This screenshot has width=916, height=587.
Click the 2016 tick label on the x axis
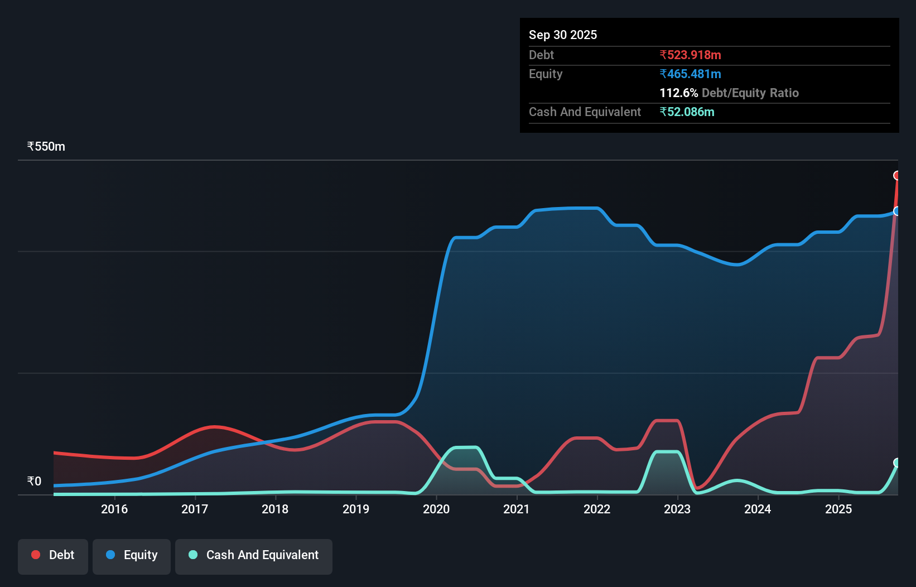(114, 509)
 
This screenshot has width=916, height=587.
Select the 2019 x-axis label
(355, 509)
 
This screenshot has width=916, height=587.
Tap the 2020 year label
(436, 509)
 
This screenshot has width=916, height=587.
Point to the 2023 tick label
(677, 509)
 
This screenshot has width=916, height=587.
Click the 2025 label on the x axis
(838, 509)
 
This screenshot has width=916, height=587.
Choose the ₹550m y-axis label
(46, 146)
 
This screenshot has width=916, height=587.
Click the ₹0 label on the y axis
(34, 481)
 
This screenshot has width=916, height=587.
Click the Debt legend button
(53, 555)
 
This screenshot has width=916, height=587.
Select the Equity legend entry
(132, 555)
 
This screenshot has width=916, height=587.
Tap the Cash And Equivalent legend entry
(254, 555)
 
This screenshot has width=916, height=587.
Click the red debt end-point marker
(897, 176)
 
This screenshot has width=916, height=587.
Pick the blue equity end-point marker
(897, 211)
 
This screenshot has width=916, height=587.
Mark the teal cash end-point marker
(897, 463)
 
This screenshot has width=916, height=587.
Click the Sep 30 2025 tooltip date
(562, 35)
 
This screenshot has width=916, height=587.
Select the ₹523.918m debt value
(690, 55)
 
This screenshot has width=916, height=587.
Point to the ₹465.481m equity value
(690, 74)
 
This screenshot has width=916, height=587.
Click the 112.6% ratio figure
(678, 93)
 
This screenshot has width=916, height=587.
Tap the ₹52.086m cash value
(687, 112)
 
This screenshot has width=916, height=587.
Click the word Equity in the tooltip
(545, 74)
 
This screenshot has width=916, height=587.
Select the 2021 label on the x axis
(517, 509)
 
